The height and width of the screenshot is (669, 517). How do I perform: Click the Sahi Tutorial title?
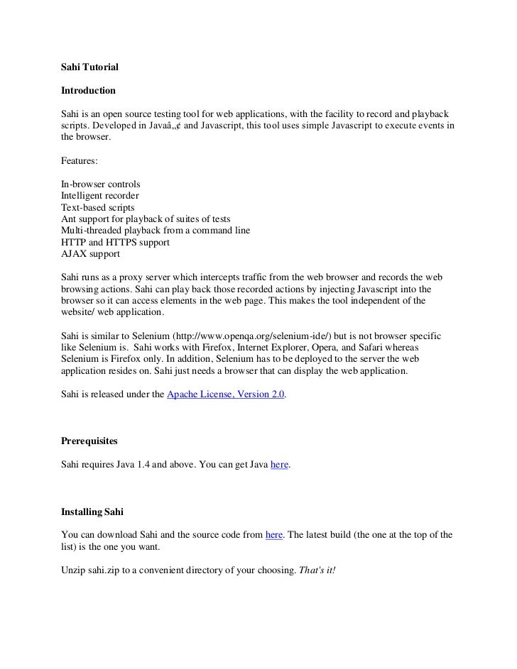[90, 67]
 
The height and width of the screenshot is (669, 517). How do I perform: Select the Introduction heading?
[88, 92]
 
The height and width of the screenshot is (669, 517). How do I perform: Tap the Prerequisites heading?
[91, 441]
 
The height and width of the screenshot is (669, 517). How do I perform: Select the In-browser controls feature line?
[101, 184]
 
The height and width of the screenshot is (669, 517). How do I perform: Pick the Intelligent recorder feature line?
[100, 196]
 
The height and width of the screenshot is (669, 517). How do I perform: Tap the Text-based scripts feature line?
[98, 207]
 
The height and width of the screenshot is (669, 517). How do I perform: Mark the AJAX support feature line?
[91, 254]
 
